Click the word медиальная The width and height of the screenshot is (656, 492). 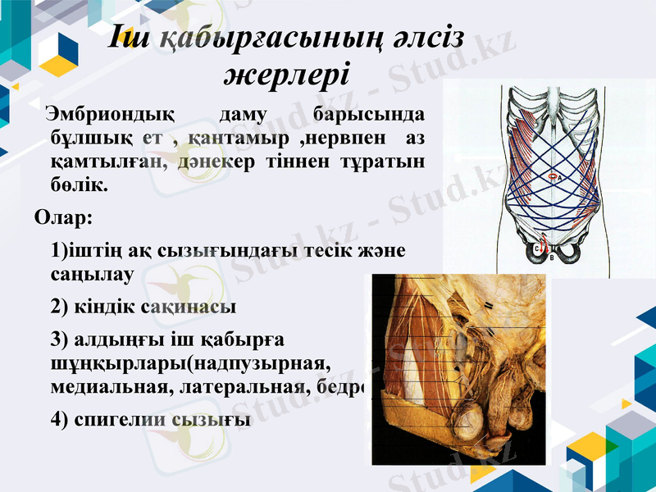[x=107, y=387]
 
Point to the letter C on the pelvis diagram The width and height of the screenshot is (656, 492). [x=536, y=248]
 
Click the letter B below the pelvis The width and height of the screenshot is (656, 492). [x=552, y=258]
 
